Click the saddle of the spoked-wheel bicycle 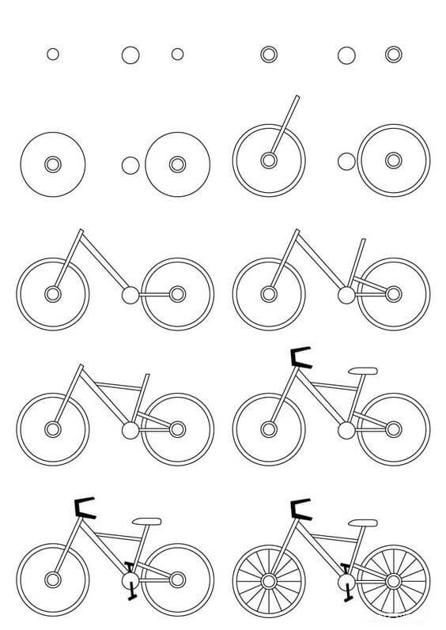tap(363, 522)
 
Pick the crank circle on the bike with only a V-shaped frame tap(130, 296)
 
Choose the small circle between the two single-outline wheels tap(130, 164)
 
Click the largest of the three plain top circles tap(130, 55)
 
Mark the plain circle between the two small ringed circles tap(346, 55)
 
